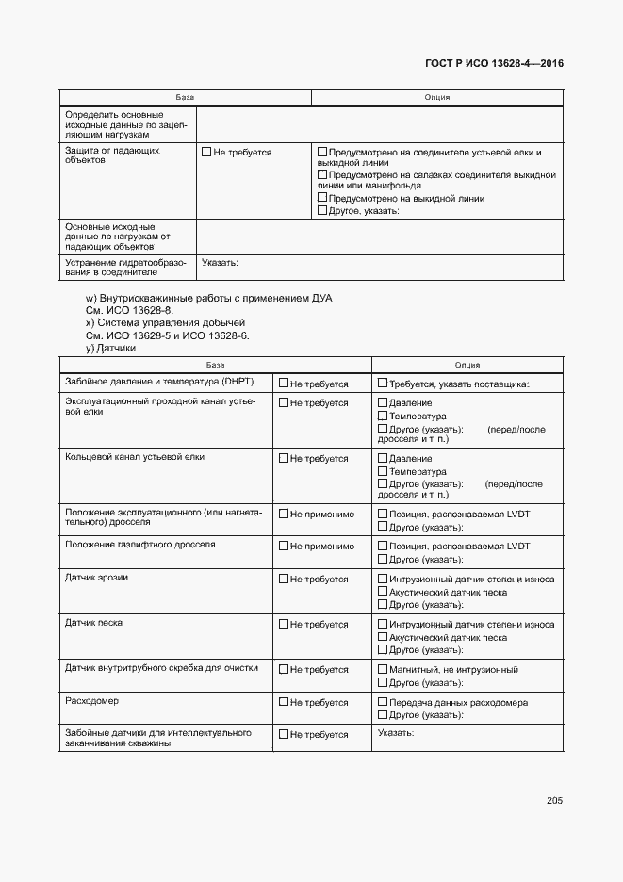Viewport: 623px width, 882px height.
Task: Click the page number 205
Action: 554,801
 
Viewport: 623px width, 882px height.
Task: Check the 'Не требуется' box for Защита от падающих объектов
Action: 206,152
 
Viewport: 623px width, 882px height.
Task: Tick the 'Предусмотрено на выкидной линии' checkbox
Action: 322,198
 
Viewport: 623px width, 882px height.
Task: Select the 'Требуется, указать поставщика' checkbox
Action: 382,384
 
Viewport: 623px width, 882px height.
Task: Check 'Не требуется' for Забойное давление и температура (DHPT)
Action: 284,384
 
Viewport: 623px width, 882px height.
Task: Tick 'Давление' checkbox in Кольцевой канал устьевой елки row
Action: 382,459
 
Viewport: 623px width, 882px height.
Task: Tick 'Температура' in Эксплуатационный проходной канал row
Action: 382,416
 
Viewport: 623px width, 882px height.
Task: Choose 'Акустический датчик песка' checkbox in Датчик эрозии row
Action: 382,592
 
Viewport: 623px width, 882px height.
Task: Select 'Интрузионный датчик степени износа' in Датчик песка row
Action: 382,625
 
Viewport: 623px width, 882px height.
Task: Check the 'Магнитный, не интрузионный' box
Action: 382,669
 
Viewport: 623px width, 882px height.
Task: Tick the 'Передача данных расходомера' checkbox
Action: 382,703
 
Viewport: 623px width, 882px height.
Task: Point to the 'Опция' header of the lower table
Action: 467,365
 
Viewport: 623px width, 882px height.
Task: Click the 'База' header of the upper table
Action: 185,97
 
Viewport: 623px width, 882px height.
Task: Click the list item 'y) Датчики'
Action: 110,348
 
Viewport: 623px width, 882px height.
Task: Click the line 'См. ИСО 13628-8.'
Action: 129,310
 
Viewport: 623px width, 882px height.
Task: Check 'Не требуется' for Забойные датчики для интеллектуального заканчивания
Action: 284,735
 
